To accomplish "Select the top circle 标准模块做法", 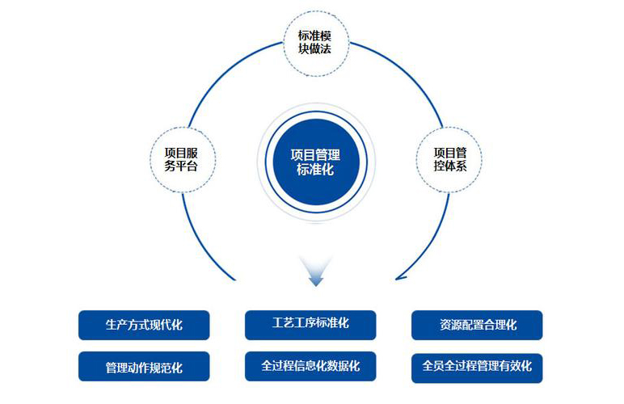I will click(316, 45).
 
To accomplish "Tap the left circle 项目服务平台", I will click(181, 159).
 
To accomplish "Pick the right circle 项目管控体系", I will click(449, 159).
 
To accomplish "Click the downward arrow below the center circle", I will click(315, 271).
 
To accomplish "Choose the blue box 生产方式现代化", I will click(144, 325).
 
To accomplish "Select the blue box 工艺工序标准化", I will click(310, 323).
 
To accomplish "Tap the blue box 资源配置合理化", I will click(477, 325).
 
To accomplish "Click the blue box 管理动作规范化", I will click(144, 367).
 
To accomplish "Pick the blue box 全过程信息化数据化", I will click(310, 366).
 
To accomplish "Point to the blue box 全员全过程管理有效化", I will click(477, 366).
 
